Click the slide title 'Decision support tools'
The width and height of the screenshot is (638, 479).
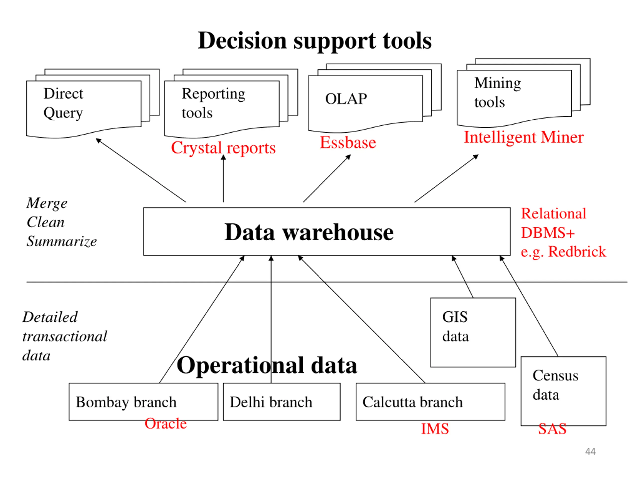coord(315,41)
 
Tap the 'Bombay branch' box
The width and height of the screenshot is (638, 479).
coord(143,402)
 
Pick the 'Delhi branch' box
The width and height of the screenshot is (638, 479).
coord(282,402)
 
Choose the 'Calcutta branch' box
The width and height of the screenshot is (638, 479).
coord(431,402)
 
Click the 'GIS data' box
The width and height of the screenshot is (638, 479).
coord(473,333)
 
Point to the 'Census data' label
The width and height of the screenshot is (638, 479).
coord(556,385)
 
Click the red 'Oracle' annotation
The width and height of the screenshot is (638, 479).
coord(165,424)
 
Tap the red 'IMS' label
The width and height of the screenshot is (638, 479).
coord(435,429)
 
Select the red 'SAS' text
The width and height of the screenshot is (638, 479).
coord(552,429)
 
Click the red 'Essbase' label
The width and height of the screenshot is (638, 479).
coord(348,143)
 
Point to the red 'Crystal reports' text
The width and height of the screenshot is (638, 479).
coord(224,148)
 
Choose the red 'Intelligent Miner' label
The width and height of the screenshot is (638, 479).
coord(524,137)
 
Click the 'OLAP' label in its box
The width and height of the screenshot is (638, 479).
coord(346,99)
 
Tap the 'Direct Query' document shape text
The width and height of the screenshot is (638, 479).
coord(64,103)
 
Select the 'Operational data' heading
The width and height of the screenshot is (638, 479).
coord(267,365)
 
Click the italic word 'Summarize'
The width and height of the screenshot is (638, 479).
coord(62,241)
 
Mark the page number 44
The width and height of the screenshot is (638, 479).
coord(590,452)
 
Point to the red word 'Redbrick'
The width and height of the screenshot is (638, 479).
coord(577,252)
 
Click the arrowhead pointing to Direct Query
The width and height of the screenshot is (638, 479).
coord(98,141)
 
